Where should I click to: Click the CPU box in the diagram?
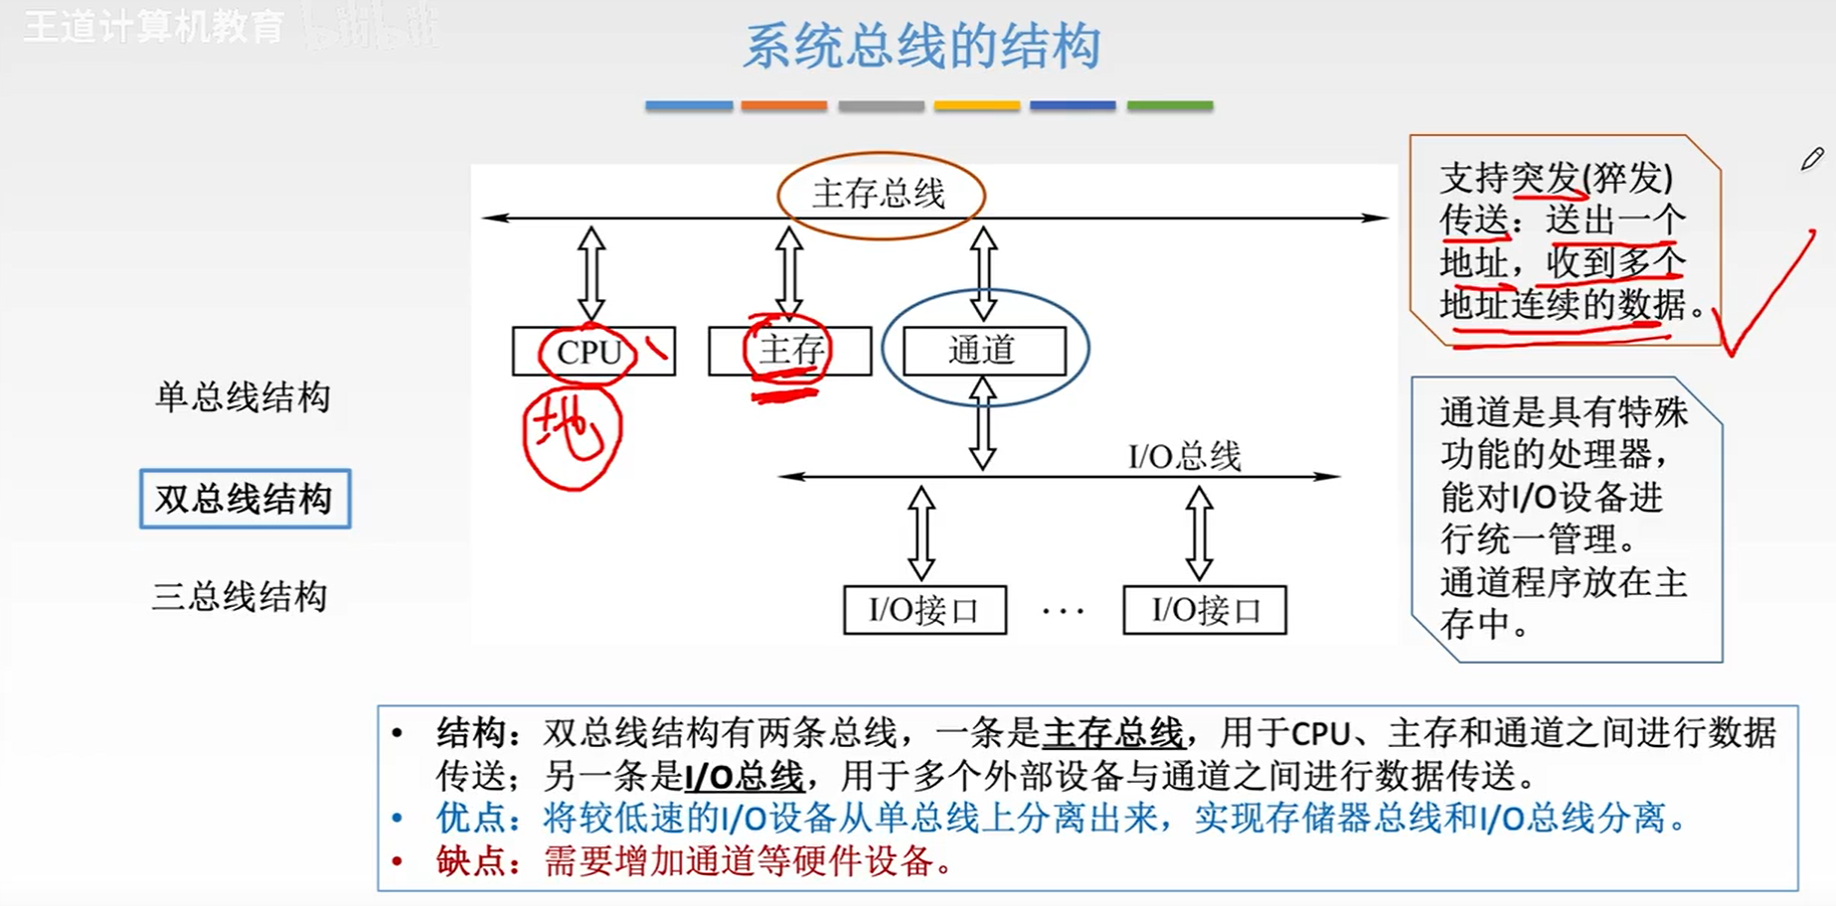593,352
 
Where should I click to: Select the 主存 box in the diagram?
790,351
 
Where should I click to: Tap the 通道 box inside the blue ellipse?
983,351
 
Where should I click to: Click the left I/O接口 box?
924,610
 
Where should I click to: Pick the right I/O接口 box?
1205,610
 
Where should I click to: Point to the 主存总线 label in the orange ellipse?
879,194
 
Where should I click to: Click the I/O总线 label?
1184,457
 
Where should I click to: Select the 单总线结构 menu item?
243,397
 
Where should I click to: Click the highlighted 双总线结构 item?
245,499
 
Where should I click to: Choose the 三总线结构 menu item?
240,597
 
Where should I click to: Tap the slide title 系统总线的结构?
921,47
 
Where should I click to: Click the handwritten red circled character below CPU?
571,435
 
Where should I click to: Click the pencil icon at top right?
1811,159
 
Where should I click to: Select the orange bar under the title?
783,105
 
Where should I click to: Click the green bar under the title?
1169,105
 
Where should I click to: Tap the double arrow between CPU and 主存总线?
591,273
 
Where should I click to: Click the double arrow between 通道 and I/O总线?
982,425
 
